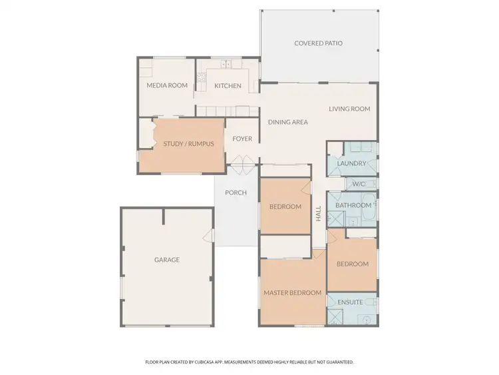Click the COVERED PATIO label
point(319,43)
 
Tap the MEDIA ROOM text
point(167,85)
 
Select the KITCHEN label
point(228,86)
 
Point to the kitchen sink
point(226,65)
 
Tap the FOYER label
point(242,139)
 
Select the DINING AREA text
point(287,122)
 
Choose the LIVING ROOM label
point(349,109)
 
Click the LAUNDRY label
point(351,163)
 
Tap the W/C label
point(359,184)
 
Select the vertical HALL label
point(319,214)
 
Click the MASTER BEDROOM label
point(292,292)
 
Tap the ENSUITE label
point(351,302)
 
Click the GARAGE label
point(167,260)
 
